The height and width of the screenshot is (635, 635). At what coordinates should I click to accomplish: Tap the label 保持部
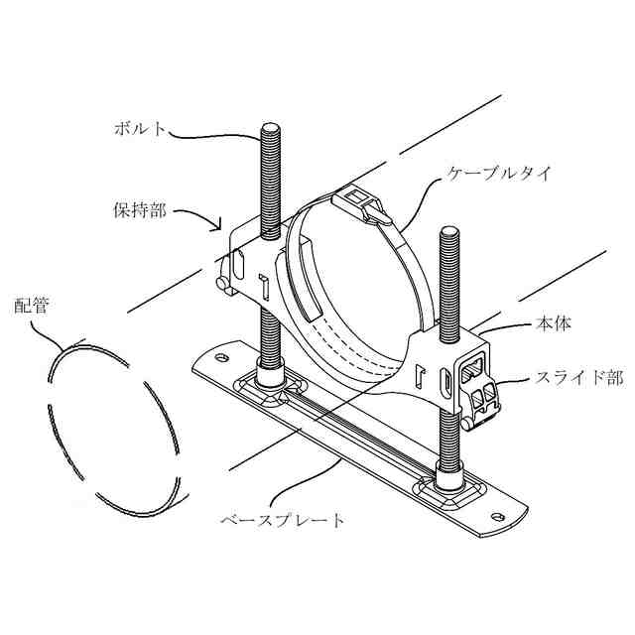140,210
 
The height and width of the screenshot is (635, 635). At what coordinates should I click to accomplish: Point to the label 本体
552,323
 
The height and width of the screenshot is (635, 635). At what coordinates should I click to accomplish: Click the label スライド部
566,377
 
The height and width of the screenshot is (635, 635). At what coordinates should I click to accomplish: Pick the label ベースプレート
282,519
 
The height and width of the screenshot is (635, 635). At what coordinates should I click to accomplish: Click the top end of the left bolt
269,126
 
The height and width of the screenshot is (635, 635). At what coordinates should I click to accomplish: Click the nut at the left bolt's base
269,374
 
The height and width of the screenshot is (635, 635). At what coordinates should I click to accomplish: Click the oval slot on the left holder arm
238,265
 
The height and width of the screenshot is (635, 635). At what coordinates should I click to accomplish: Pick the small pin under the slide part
466,424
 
